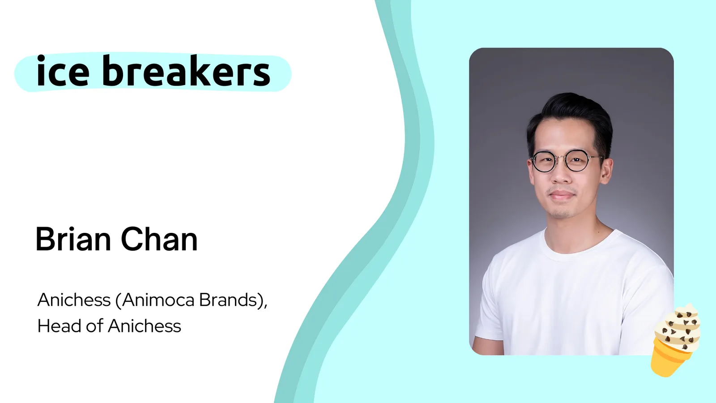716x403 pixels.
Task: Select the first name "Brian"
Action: tap(73, 239)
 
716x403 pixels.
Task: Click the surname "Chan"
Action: tap(159, 239)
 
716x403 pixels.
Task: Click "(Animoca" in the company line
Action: tap(155, 300)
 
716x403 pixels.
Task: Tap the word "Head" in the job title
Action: tap(59, 326)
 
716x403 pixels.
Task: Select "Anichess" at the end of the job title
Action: tap(145, 326)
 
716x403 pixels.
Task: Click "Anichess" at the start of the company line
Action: tap(74, 300)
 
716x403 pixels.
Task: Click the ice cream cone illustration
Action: tap(675, 340)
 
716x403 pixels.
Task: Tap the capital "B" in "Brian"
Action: tap(45, 239)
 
